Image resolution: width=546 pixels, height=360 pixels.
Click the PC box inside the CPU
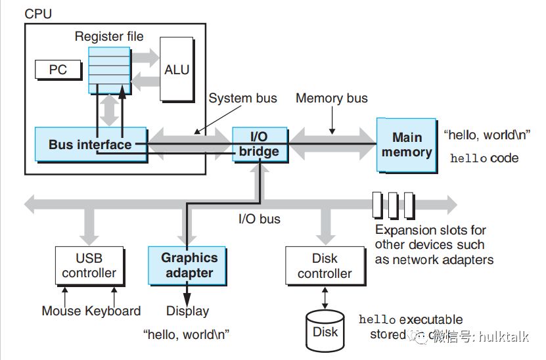click(x=58, y=69)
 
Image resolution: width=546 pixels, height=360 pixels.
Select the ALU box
click(x=177, y=70)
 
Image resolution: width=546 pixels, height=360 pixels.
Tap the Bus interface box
click(x=89, y=144)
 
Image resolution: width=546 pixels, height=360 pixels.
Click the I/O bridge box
click(x=260, y=144)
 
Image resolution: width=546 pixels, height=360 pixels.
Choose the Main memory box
click(x=406, y=145)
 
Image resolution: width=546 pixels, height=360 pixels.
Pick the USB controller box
click(x=89, y=265)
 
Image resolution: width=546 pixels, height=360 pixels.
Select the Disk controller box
click(x=325, y=265)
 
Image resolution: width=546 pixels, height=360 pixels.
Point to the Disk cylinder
click(x=325, y=330)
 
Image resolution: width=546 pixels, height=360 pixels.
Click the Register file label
click(x=108, y=37)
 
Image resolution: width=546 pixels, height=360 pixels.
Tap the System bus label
click(x=242, y=99)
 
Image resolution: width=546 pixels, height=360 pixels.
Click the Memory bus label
click(x=331, y=99)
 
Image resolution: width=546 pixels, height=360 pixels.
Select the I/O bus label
click(x=259, y=219)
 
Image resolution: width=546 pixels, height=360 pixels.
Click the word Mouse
click(x=61, y=311)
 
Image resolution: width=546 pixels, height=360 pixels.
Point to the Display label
click(x=187, y=311)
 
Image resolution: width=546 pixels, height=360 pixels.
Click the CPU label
click(x=38, y=13)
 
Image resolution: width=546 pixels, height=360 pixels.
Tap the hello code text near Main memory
click(x=484, y=158)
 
